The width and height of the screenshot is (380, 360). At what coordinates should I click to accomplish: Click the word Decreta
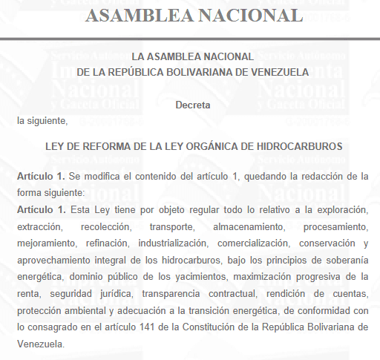193,105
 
